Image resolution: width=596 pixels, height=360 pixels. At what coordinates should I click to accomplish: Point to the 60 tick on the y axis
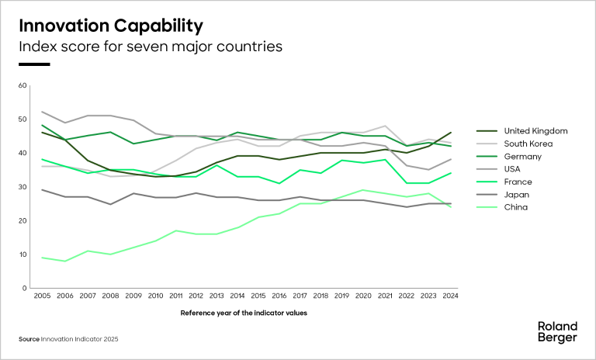22,85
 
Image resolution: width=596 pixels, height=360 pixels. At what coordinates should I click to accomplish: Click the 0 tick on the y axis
24,288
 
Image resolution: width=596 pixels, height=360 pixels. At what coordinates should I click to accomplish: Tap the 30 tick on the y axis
22,187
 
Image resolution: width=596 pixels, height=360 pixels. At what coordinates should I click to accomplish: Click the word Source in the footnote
29,339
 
